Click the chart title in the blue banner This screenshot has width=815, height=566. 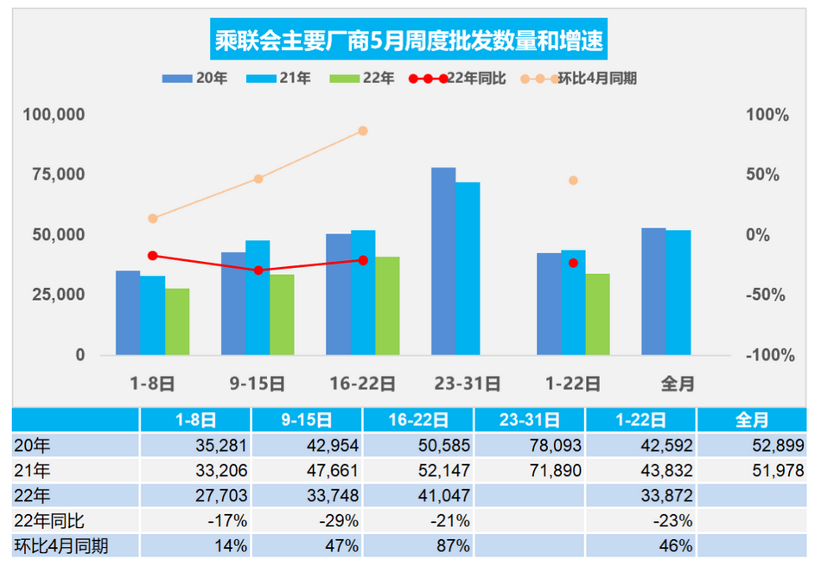click(x=409, y=40)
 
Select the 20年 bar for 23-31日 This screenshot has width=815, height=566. click(x=443, y=261)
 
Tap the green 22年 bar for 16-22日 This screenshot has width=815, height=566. click(x=387, y=306)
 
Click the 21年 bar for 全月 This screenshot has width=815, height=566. click(x=678, y=292)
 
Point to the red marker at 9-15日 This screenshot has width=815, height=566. click(x=258, y=270)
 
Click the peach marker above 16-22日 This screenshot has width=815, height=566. click(x=363, y=130)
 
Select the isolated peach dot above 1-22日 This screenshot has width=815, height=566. click(x=573, y=181)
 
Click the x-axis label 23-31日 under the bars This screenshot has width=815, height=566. click(x=468, y=383)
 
